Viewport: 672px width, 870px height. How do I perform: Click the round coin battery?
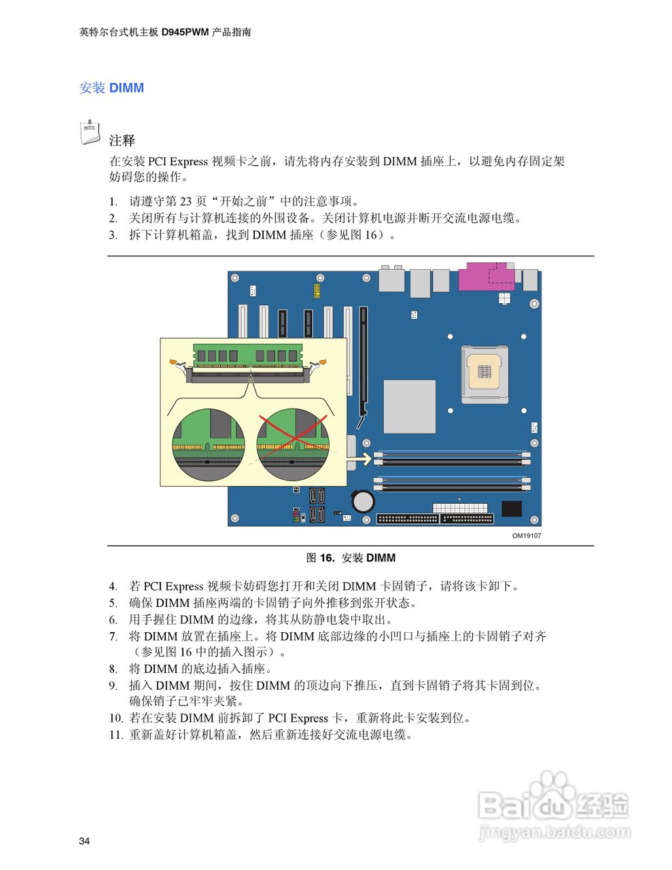pyautogui.click(x=364, y=502)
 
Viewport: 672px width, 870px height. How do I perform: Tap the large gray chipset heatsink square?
pyautogui.click(x=409, y=406)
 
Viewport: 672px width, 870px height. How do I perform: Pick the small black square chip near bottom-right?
pyautogui.click(x=511, y=508)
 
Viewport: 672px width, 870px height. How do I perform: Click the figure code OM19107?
pyautogui.click(x=527, y=536)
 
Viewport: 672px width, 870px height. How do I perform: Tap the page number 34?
pyautogui.click(x=84, y=841)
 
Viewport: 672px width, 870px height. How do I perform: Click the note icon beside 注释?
pyautogui.click(x=90, y=133)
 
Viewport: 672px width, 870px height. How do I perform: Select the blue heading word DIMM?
pyautogui.click(x=126, y=88)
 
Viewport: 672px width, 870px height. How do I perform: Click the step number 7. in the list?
pyautogui.click(x=113, y=637)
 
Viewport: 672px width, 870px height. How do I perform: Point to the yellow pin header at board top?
pyautogui.click(x=317, y=291)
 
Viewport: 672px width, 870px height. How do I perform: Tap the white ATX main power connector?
pyautogui.click(x=460, y=508)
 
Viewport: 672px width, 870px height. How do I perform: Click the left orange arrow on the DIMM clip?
pyautogui.click(x=175, y=362)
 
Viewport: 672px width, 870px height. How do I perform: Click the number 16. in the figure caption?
pyautogui.click(x=328, y=558)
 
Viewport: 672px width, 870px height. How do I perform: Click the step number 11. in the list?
pyautogui.click(x=116, y=735)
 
